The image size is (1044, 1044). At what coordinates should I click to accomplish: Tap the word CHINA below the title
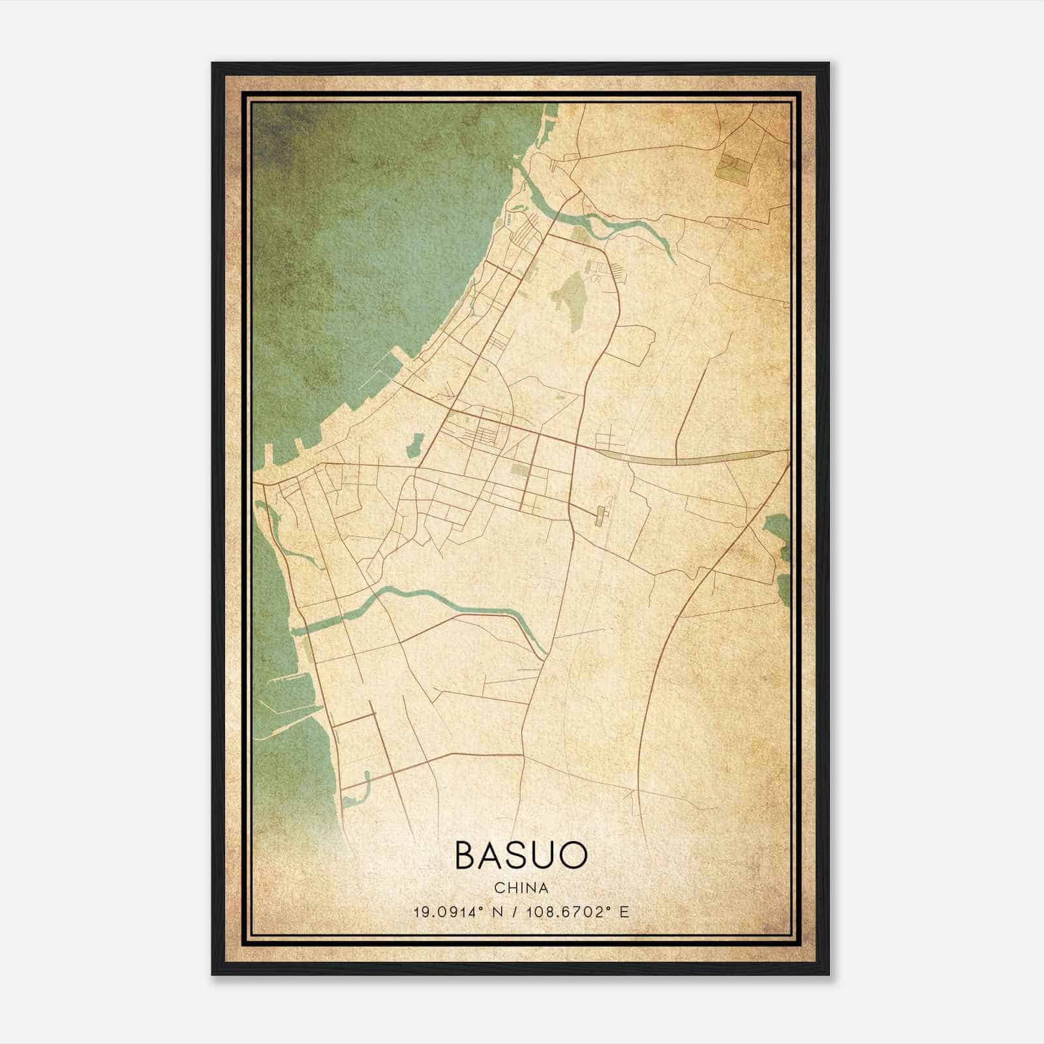click(x=521, y=888)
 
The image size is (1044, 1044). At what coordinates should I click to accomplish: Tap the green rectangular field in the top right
click(x=733, y=167)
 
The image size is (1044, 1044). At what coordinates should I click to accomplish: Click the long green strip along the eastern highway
click(x=692, y=459)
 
